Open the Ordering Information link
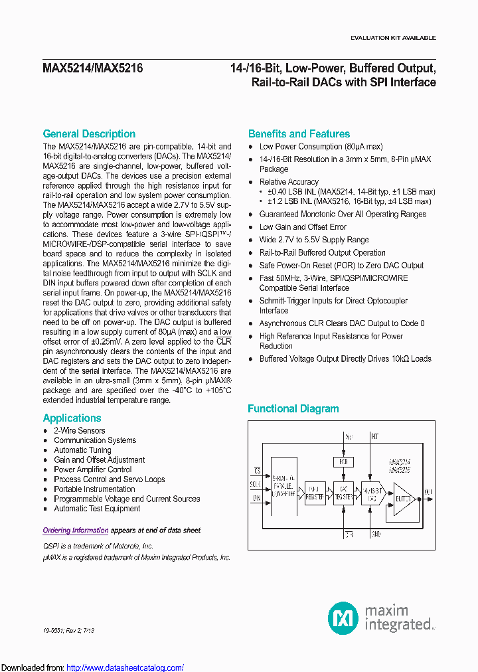point(76,530)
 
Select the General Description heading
point(89,133)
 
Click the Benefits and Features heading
point(299,133)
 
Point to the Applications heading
point(72,418)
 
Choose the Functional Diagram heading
point(293,408)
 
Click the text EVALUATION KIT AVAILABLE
point(393,39)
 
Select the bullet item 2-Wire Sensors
point(79,430)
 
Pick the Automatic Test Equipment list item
point(97,509)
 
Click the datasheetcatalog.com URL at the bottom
point(125,667)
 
